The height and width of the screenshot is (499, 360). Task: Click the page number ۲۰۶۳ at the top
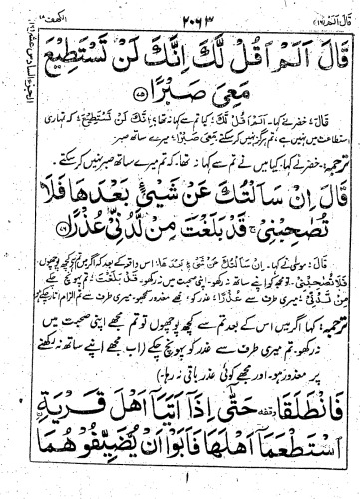179,13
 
